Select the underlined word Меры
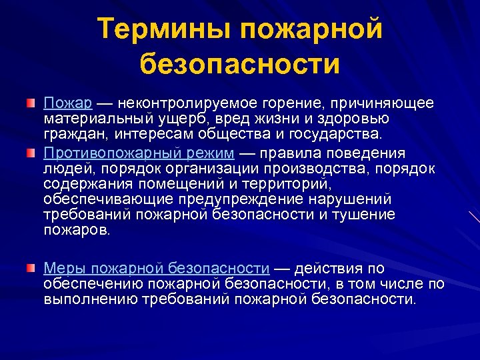(x=65, y=269)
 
